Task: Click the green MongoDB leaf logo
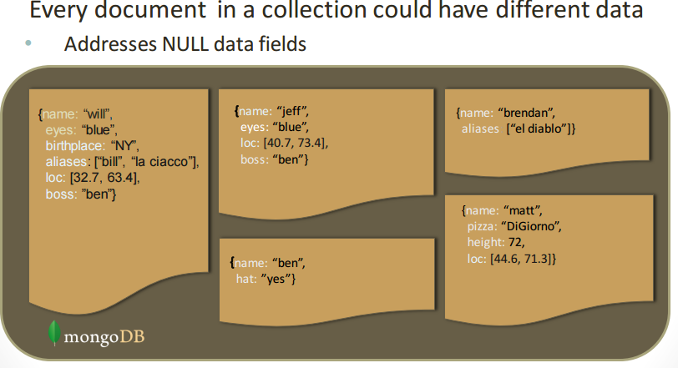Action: [x=54, y=332]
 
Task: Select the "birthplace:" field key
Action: [x=72, y=145]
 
